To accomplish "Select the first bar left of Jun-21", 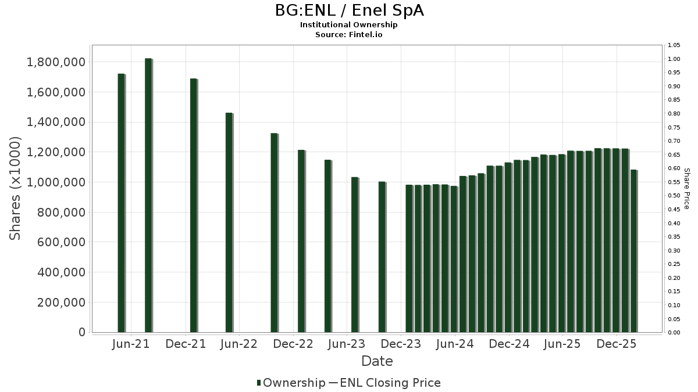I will point(121,203).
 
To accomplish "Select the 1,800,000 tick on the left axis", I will point(56,62).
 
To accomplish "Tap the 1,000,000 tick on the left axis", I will point(56,182).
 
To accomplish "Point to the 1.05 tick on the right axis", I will point(674,45).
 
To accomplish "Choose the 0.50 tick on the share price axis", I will point(674,196).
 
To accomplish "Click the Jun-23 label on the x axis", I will point(347,344).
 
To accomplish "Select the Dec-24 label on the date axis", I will point(509,344).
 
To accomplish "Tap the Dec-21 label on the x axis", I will point(186,344).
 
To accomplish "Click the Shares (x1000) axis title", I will point(16,188).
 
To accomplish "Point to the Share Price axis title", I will point(686,188).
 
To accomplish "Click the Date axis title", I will point(377,361).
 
